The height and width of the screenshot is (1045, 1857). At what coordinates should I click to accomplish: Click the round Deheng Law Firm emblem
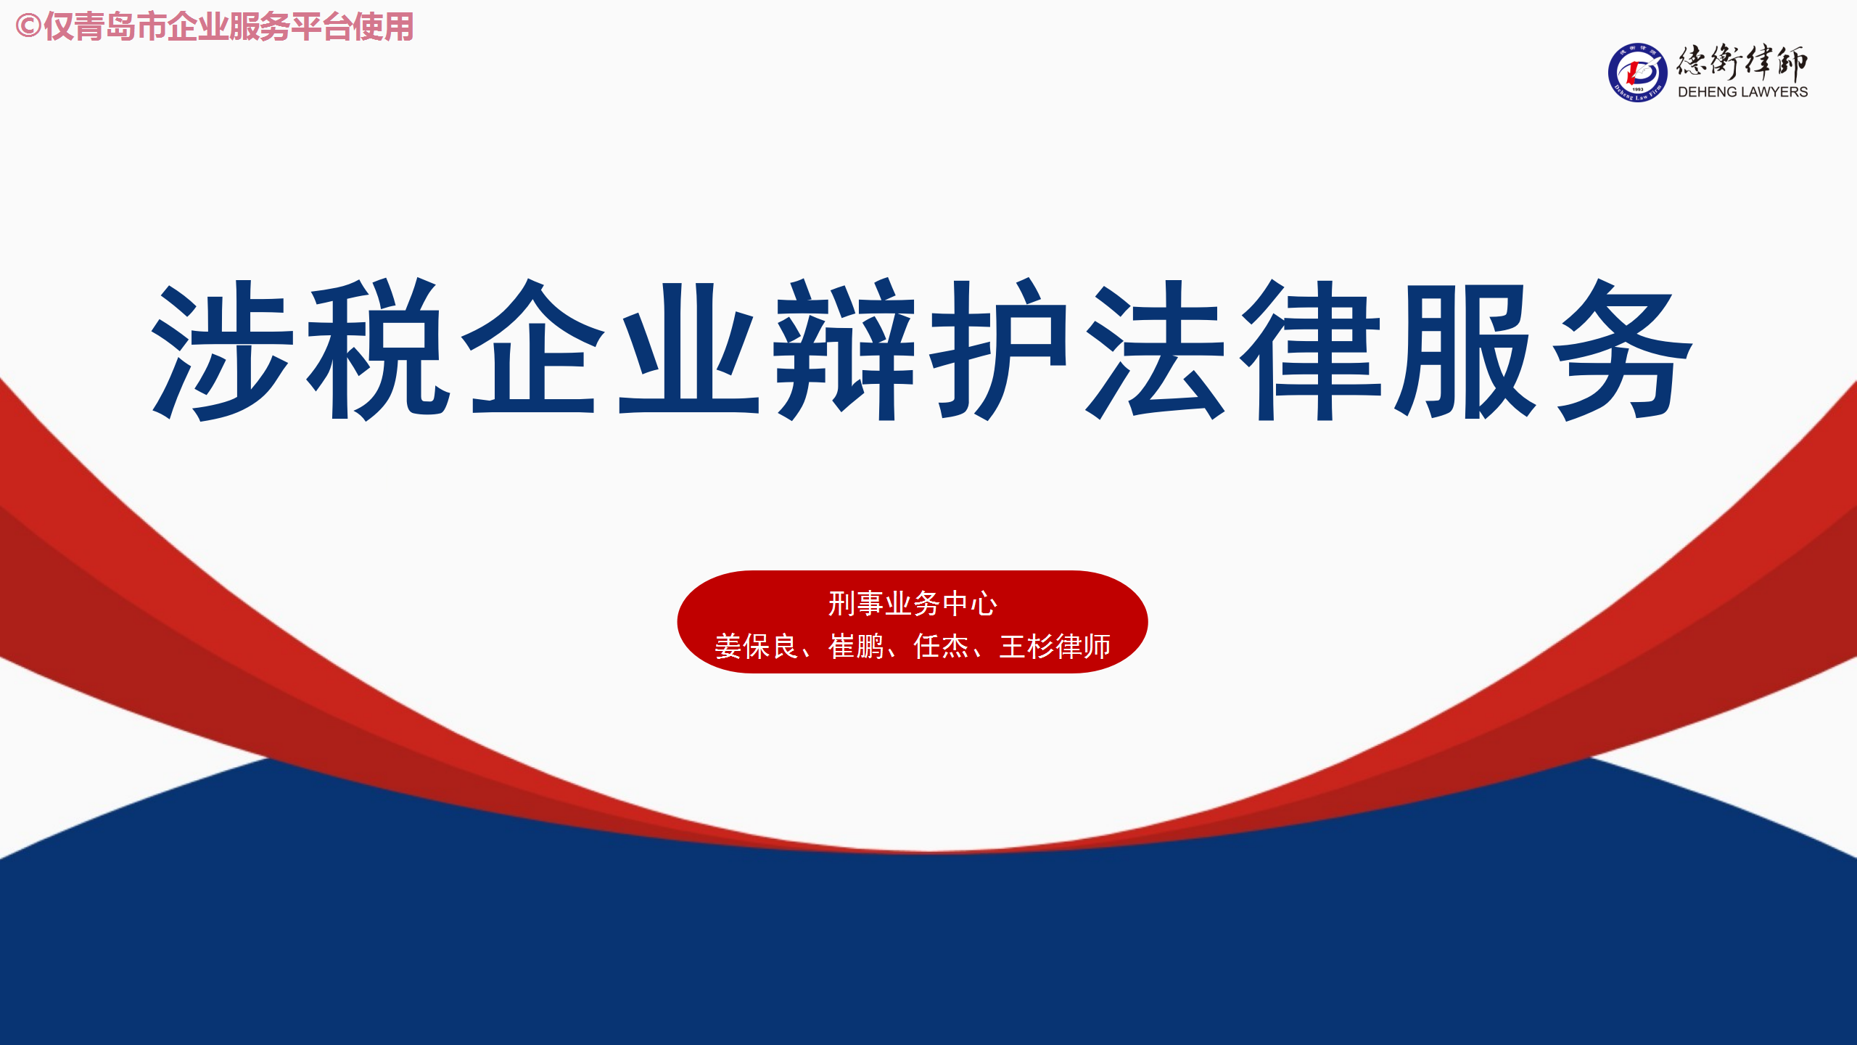click(1637, 73)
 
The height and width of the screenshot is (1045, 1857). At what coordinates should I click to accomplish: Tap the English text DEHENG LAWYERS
click(1742, 92)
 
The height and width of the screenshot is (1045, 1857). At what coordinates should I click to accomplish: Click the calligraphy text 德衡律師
click(1742, 62)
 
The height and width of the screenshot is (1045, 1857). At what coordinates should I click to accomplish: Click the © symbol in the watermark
click(28, 27)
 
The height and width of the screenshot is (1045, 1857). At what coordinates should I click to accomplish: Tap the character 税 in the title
click(378, 349)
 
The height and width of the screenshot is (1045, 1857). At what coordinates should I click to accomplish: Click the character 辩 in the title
click(844, 349)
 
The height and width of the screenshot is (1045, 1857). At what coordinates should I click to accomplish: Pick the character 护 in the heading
click(999, 349)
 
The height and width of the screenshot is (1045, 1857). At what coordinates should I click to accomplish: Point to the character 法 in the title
click(1154, 349)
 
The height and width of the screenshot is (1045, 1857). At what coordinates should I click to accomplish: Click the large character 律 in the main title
click(1309, 349)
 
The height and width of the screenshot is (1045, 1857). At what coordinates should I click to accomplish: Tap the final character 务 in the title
click(1621, 349)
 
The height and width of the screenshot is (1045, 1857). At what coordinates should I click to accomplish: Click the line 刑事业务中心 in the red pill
click(913, 604)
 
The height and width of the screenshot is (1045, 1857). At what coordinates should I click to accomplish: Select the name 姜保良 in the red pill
click(757, 647)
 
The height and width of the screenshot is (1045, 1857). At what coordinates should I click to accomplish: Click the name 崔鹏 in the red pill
click(856, 647)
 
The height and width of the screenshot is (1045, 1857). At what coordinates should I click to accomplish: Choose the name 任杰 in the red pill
click(942, 647)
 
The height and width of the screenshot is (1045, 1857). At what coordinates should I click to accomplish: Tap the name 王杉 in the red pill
click(1027, 647)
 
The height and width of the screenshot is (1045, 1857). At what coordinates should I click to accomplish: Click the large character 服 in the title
click(1466, 349)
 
